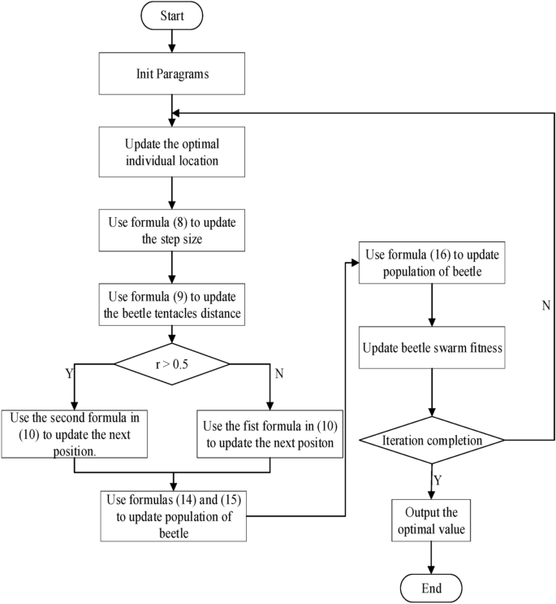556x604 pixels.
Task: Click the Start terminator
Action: [x=170, y=16]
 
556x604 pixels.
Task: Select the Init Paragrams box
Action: [x=171, y=76]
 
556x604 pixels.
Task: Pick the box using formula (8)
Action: [x=171, y=230]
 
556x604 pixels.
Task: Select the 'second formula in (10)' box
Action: [x=75, y=434]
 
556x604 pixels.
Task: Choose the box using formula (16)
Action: [x=431, y=263]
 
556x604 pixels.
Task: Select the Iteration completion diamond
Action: [x=431, y=440]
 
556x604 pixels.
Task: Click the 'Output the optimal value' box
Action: [x=431, y=520]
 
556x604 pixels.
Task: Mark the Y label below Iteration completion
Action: [x=437, y=480]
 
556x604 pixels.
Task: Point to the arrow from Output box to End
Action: [x=431, y=558]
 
